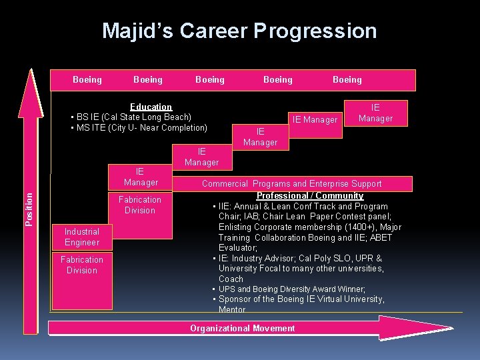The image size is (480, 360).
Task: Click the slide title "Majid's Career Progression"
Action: [239, 31]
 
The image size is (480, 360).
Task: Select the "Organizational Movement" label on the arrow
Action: [242, 328]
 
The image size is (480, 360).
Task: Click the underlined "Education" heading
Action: [151, 107]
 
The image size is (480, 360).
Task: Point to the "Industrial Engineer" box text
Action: [82, 237]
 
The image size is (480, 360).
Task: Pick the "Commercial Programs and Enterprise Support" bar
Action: [291, 184]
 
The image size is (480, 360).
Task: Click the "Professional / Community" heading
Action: [310, 196]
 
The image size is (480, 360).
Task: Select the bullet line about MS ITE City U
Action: [141, 128]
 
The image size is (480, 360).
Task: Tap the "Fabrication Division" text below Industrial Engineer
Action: [82, 265]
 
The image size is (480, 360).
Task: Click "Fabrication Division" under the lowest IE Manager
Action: [140, 205]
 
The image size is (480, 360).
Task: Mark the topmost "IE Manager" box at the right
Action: [375, 113]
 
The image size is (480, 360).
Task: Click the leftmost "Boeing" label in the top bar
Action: [87, 80]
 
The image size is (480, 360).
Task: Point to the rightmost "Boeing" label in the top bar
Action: [347, 80]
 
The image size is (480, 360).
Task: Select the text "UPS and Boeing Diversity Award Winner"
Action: [292, 289]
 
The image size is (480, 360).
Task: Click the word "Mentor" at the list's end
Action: [232, 309]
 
